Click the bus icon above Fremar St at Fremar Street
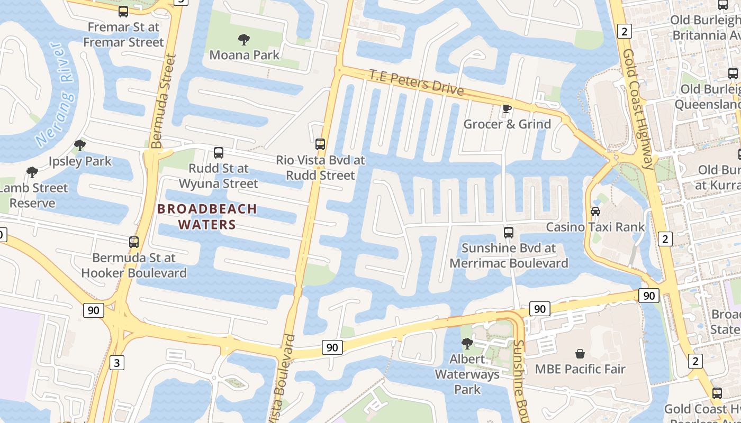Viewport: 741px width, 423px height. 123,11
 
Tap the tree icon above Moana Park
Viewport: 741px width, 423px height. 244,39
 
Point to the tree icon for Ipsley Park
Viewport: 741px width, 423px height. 80,145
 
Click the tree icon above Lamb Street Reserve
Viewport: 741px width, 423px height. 32,172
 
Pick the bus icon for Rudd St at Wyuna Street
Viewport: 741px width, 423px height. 219,153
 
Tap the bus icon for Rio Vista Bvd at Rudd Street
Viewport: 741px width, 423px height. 320,144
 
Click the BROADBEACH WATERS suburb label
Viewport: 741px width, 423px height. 207,217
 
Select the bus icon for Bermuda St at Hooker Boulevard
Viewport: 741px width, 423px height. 134,242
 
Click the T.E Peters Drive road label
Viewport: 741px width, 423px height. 416,82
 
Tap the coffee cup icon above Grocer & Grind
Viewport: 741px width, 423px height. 507,108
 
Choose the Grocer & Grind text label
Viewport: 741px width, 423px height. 507,124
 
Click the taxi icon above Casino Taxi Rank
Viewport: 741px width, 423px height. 595,212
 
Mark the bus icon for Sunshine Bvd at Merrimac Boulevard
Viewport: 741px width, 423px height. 509,232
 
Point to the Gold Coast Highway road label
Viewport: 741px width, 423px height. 639,109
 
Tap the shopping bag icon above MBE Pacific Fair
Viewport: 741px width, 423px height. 580,353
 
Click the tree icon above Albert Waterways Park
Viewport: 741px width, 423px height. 467,344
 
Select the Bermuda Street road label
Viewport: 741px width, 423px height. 162,100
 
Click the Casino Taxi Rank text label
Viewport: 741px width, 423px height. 595,227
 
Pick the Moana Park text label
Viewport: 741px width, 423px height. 244,55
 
